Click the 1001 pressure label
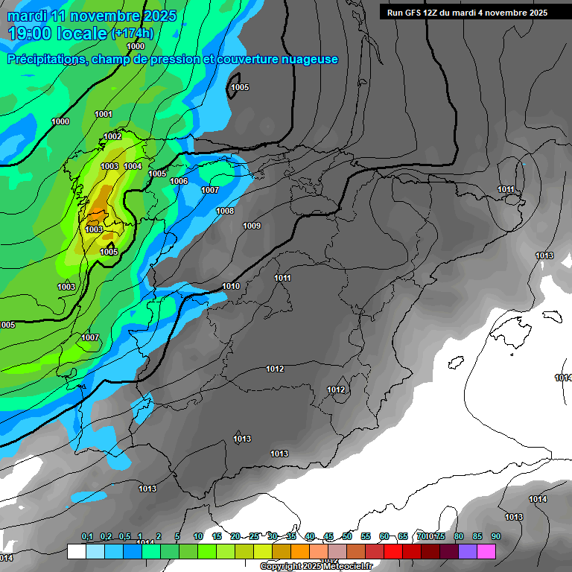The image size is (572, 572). click(x=104, y=114)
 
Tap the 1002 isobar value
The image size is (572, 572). click(x=112, y=136)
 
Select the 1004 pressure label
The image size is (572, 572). click(x=133, y=166)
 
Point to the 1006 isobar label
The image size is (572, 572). click(x=179, y=181)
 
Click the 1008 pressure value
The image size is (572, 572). click(x=225, y=211)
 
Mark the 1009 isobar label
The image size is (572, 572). click(x=252, y=226)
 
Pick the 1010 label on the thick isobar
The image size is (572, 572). click(x=231, y=286)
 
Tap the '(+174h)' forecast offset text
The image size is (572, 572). click(x=132, y=34)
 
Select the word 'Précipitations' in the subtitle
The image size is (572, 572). click(x=45, y=59)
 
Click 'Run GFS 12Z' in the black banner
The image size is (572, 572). click(x=414, y=13)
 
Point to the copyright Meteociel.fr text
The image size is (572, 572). click(x=316, y=567)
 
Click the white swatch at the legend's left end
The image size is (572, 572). click(x=76, y=552)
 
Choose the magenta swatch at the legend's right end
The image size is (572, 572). click(x=486, y=552)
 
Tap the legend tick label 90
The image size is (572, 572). click(x=495, y=537)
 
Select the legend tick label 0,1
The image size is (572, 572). click(x=87, y=537)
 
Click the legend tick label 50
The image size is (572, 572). click(x=347, y=537)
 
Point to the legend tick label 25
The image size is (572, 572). click(x=254, y=537)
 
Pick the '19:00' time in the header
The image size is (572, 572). click(x=28, y=33)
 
